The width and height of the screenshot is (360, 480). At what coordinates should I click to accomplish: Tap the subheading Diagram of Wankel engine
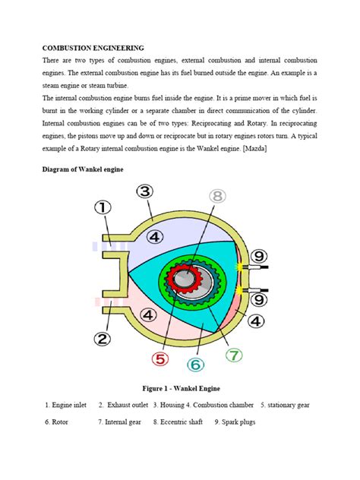click(84, 170)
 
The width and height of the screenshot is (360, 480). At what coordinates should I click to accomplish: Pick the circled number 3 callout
click(145, 191)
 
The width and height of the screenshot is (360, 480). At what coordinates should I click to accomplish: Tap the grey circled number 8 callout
click(218, 197)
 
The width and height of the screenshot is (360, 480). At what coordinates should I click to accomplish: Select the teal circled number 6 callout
click(195, 365)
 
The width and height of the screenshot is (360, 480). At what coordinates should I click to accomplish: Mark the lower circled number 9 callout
click(258, 300)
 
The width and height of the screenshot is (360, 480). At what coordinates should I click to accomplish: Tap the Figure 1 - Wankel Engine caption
click(180, 388)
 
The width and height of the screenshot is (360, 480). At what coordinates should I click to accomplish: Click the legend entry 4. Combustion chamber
click(215, 405)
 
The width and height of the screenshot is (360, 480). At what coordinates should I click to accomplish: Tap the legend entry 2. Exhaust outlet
click(123, 405)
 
